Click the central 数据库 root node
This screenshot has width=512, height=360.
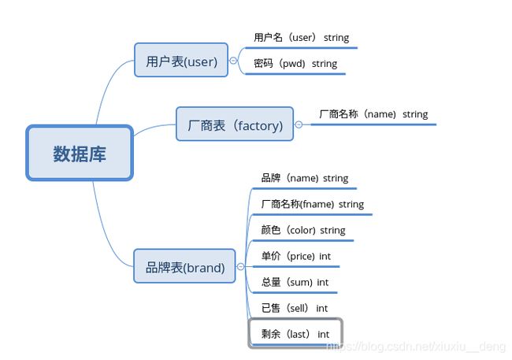coord(80,153)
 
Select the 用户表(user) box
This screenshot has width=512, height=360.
coord(181,60)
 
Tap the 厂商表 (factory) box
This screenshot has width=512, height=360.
coord(235,124)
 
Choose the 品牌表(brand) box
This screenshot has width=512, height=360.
coord(184,266)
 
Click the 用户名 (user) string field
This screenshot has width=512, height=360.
coord(302,38)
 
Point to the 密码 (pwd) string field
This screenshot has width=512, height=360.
coord(295,63)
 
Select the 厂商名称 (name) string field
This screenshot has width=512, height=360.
coord(373,114)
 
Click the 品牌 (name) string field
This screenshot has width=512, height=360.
coord(305,178)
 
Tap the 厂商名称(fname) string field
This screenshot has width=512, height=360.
coord(313,204)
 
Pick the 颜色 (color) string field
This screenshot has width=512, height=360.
coord(303,230)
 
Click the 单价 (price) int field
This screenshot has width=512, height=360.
coord(296,256)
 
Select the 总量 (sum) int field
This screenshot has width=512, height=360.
coord(295,282)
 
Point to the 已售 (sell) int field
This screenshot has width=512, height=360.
coord(295,308)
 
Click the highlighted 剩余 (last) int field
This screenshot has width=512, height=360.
coord(295,333)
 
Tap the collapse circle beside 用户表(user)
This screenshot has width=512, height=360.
coord(233,61)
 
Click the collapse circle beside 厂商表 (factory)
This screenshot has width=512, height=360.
coord(299,124)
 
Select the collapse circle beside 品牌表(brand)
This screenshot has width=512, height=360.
coord(241,266)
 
